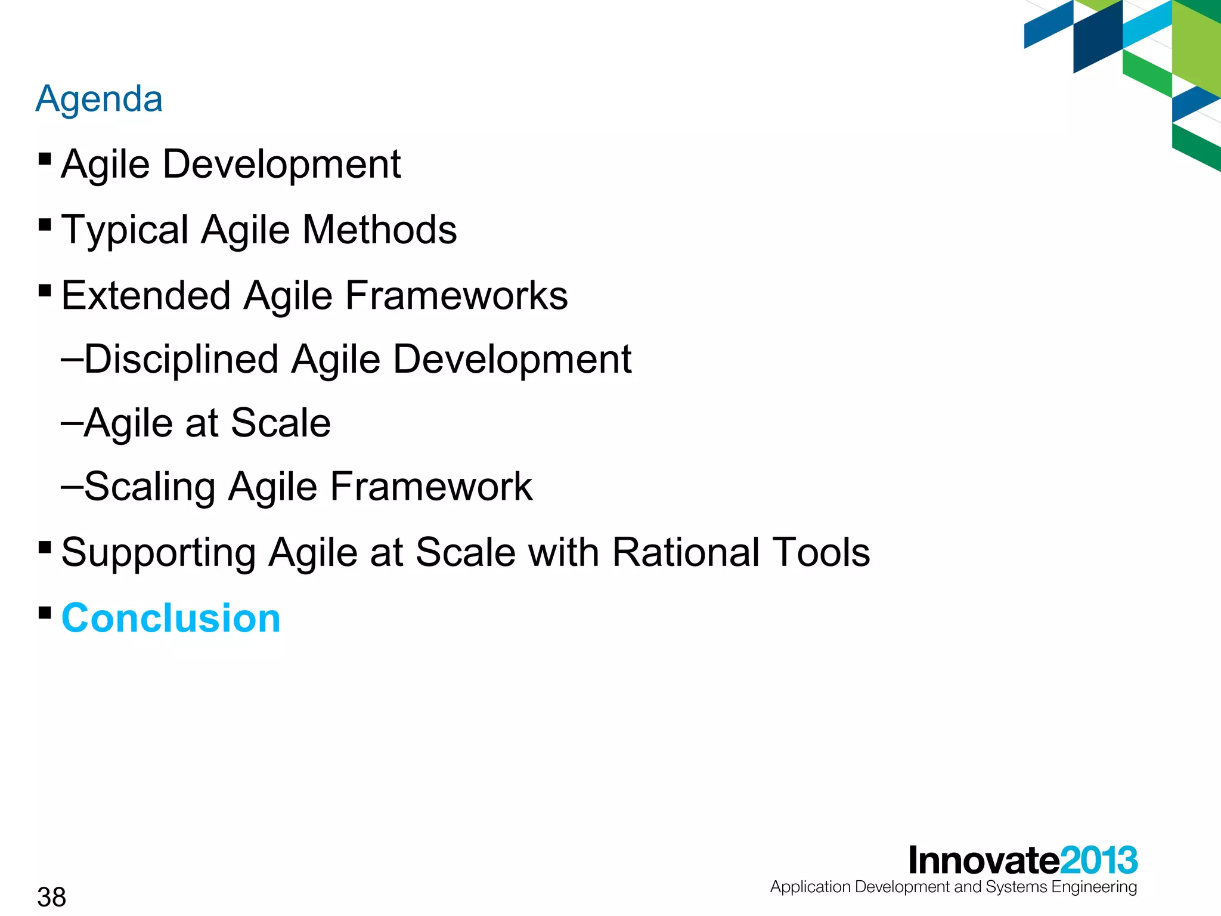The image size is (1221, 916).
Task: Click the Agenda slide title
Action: (x=99, y=99)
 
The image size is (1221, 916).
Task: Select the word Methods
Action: (x=380, y=230)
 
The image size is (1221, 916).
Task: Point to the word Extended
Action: (x=146, y=295)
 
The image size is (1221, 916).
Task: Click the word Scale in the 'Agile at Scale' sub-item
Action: (x=280, y=423)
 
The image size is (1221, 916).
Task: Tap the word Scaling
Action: (x=150, y=487)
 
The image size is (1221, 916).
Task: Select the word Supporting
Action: (x=159, y=553)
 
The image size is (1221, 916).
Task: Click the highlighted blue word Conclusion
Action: (x=171, y=618)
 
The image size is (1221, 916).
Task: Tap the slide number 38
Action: (x=51, y=897)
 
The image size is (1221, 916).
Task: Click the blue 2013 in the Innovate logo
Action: (x=1099, y=861)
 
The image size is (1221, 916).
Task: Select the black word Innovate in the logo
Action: (x=984, y=861)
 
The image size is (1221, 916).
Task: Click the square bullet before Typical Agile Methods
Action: (x=45, y=225)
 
